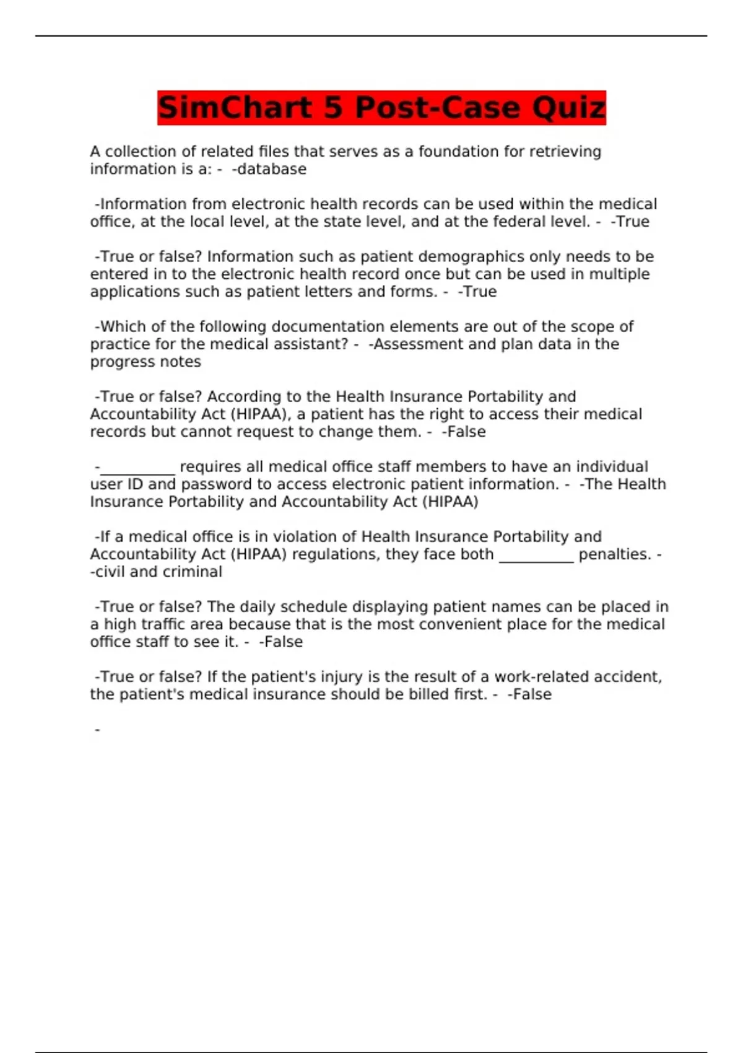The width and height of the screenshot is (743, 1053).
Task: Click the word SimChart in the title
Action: pyautogui.click(x=235, y=108)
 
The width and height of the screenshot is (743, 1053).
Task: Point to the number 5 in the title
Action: pyautogui.click(x=333, y=108)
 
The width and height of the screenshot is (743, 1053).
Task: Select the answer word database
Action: pyautogui.click(x=272, y=170)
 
